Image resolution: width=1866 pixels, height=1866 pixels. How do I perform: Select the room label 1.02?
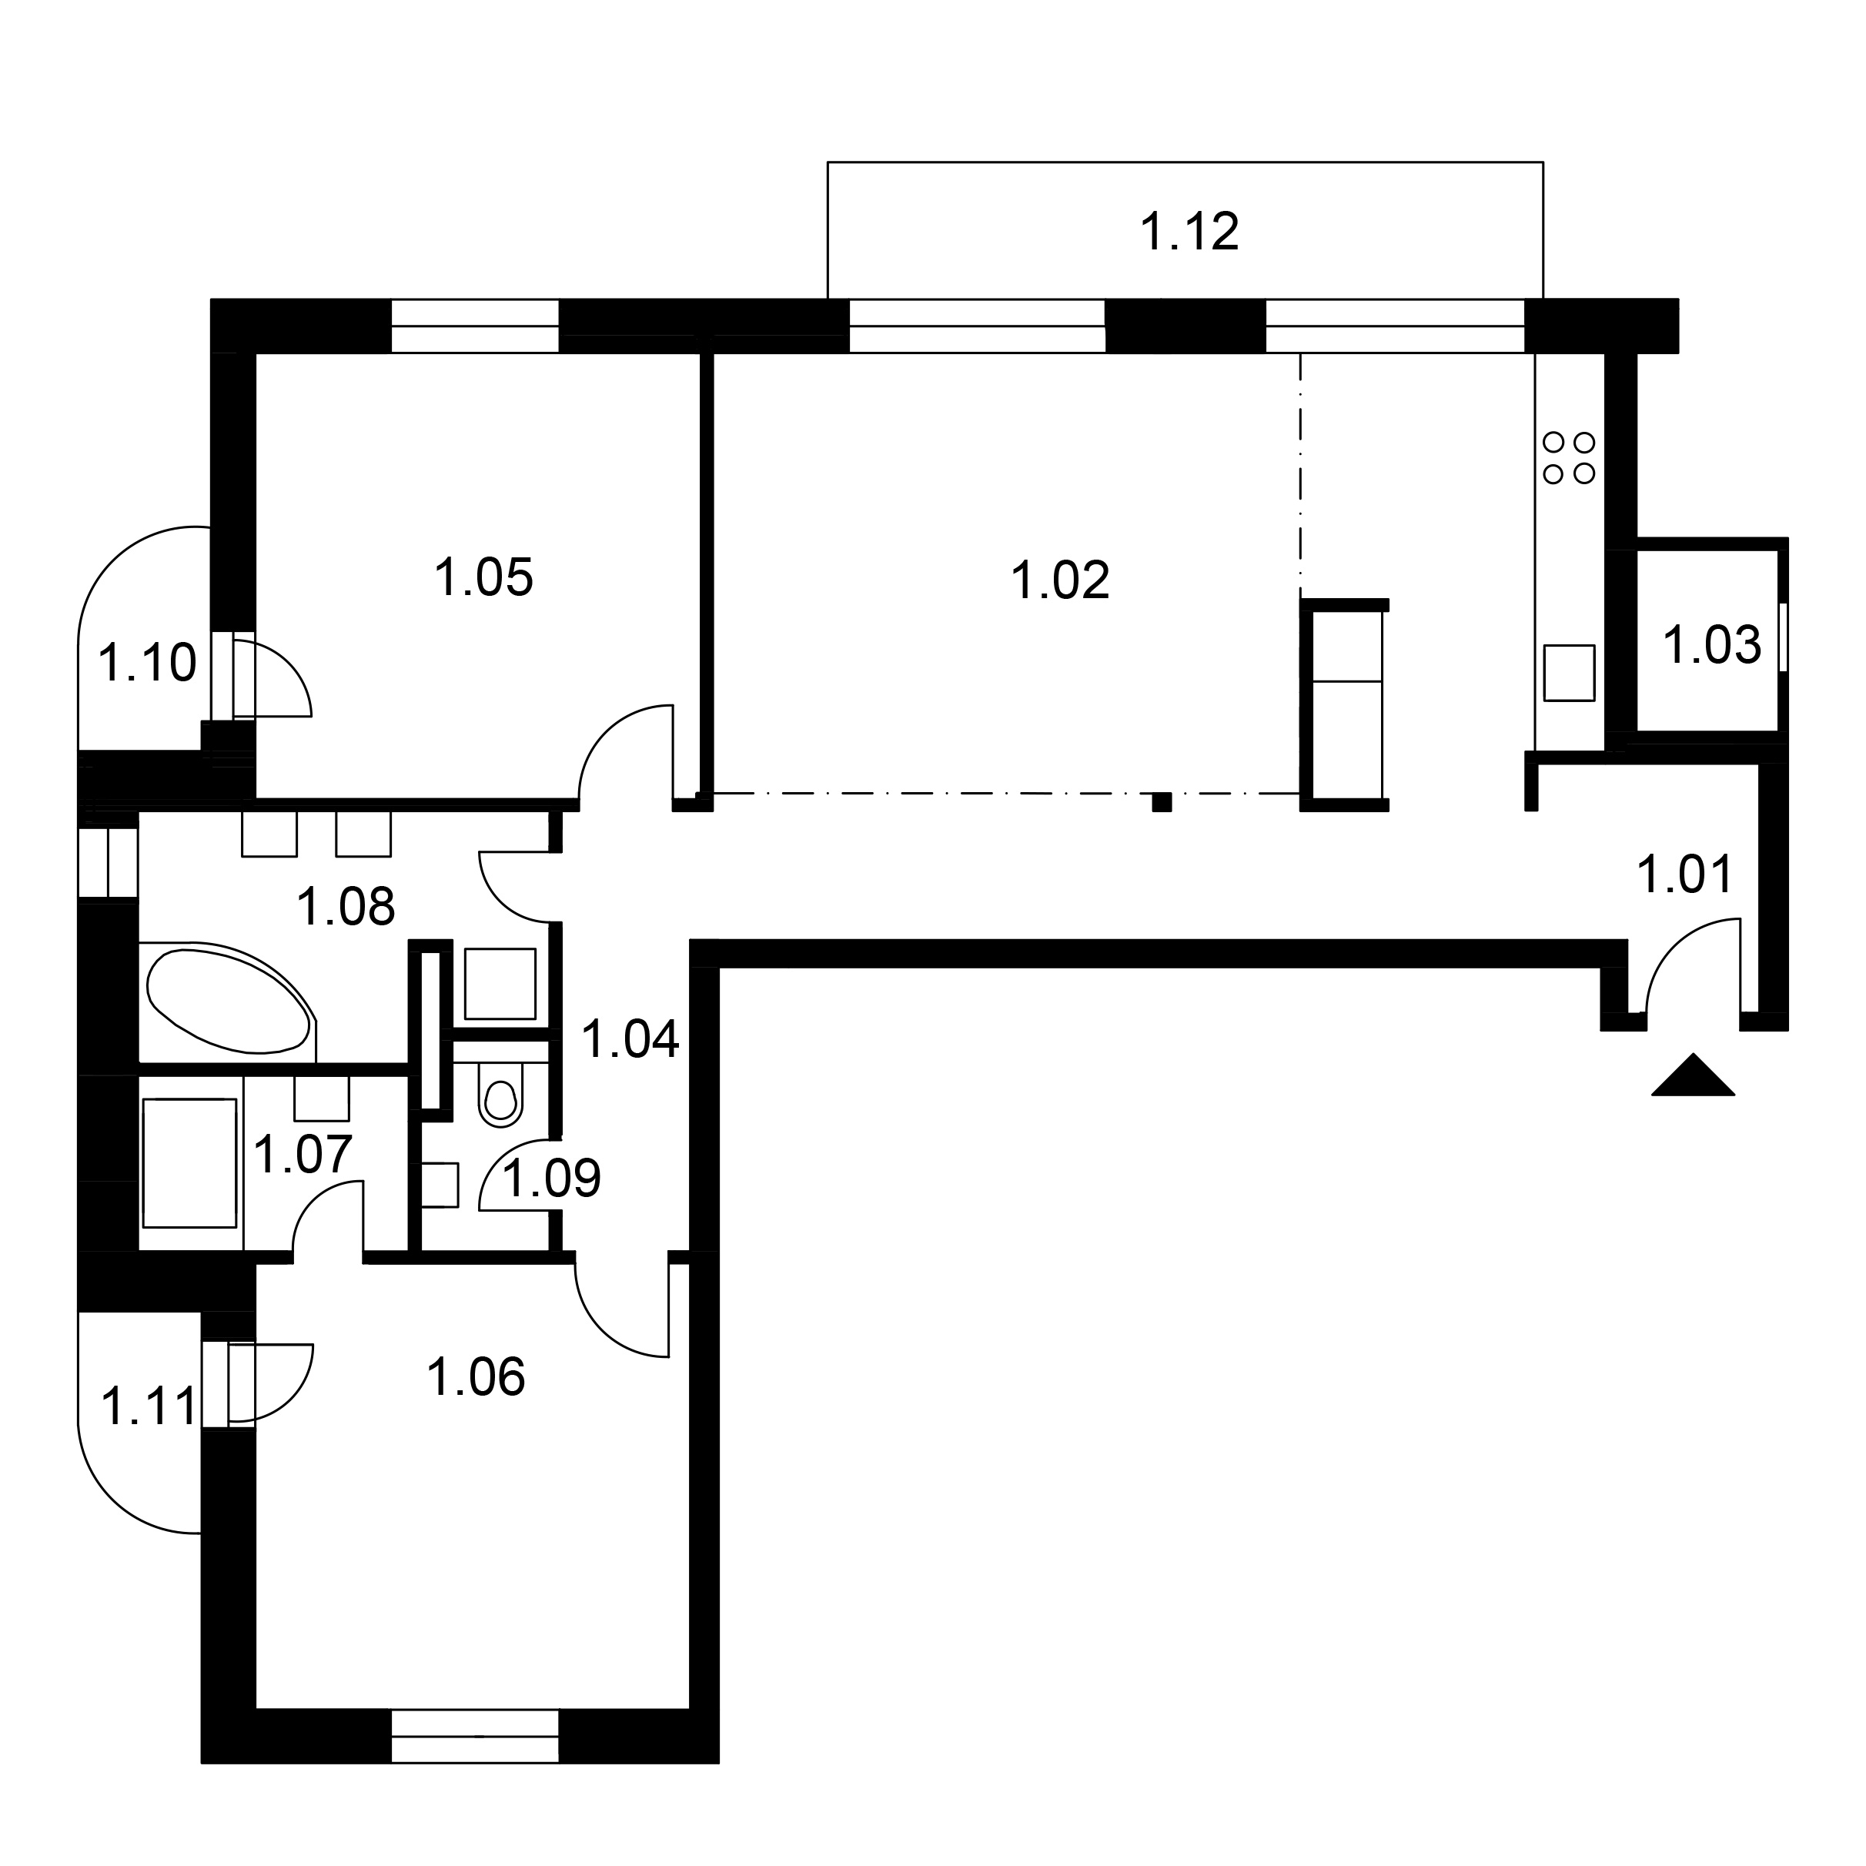tap(1059, 581)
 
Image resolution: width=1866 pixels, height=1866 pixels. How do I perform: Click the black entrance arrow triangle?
tap(1693, 1076)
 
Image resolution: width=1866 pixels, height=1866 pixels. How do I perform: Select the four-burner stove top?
tap(1570, 458)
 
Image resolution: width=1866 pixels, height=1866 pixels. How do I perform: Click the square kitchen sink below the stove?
tap(1570, 673)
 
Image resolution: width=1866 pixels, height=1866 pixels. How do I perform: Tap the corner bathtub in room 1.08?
tap(230, 1001)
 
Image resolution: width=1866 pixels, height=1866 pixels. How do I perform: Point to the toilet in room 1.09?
tap(500, 1095)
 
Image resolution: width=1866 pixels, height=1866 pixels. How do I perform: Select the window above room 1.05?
tap(475, 326)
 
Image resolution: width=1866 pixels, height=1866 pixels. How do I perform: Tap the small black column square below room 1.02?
tap(1162, 801)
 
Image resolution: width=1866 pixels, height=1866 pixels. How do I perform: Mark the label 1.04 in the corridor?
tap(630, 1039)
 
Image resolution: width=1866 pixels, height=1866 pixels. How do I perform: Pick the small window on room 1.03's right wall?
tap(1784, 637)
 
